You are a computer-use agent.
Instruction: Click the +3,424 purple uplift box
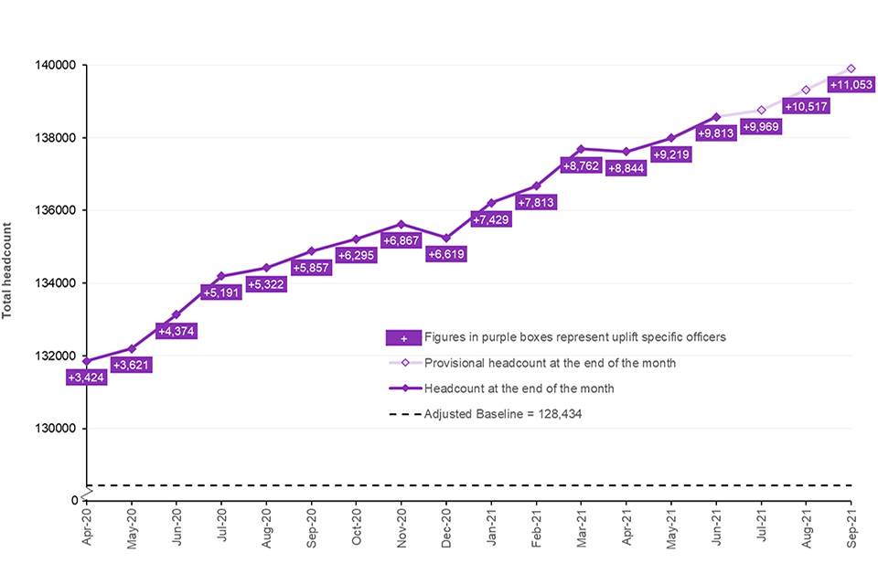click(x=87, y=377)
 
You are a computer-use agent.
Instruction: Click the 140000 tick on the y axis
click(x=58, y=66)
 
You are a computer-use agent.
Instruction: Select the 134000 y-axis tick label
click(x=58, y=282)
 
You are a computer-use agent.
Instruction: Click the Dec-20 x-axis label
click(x=446, y=528)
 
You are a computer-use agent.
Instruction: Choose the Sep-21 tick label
click(x=851, y=528)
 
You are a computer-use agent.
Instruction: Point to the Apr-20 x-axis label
click(x=87, y=528)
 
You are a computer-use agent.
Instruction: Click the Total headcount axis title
click(x=8, y=271)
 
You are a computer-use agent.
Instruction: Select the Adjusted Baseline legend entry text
click(x=503, y=413)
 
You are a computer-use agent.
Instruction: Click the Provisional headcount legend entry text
click(x=550, y=363)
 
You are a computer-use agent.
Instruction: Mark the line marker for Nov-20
click(x=402, y=224)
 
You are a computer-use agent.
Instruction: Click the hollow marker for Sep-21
click(x=851, y=69)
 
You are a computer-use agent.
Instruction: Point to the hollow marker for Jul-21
click(x=761, y=110)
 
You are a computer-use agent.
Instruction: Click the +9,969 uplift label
click(x=762, y=127)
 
